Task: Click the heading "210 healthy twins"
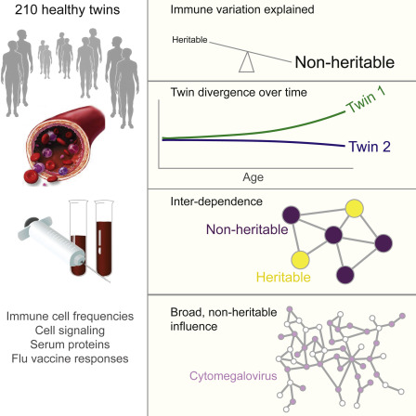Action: (67, 10)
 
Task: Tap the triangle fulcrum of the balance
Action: (247, 62)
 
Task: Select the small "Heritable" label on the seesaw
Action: (189, 40)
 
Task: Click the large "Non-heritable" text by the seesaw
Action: (344, 62)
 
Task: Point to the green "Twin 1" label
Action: (366, 99)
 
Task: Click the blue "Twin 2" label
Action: (370, 147)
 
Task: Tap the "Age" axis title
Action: (253, 177)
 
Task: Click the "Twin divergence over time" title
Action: (239, 92)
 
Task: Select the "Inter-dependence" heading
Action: (216, 201)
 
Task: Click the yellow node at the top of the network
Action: (355, 208)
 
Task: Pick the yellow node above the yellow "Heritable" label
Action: (300, 260)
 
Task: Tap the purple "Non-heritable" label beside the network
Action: (247, 229)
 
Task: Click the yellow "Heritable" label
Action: (283, 277)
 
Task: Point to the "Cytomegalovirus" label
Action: (233, 376)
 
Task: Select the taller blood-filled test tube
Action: (104, 239)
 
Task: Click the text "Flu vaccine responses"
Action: (70, 358)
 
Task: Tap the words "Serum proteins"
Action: (70, 344)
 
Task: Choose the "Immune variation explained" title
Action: (242, 9)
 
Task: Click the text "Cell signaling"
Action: (70, 331)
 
